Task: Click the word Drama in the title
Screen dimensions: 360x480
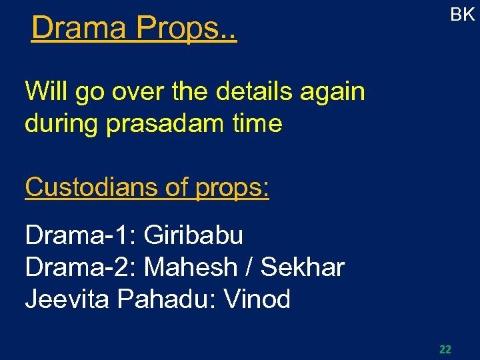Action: pyautogui.click(x=79, y=28)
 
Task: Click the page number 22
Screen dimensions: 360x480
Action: pyautogui.click(x=445, y=349)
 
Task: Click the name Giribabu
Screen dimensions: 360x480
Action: pyautogui.click(x=193, y=235)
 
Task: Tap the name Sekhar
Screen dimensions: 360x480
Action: pyautogui.click(x=303, y=267)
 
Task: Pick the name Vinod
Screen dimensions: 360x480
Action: pyautogui.click(x=257, y=299)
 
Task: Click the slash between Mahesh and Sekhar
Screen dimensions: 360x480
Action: pyautogui.click(x=249, y=267)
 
